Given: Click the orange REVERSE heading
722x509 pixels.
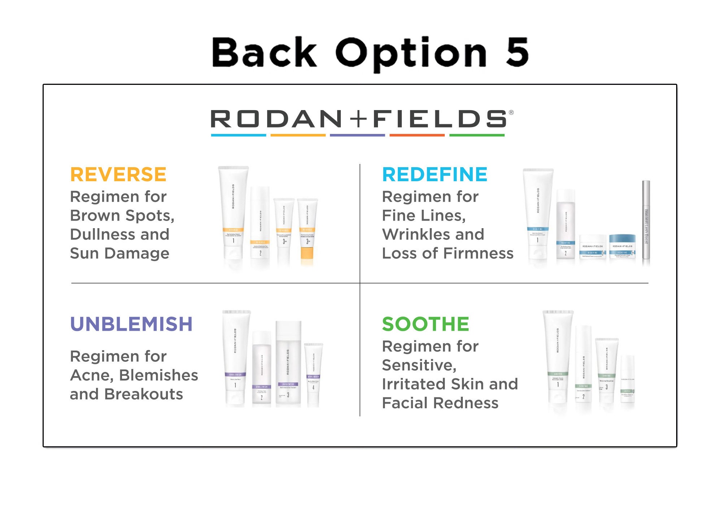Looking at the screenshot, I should pos(118,175).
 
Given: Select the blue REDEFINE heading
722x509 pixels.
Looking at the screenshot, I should pos(435,175).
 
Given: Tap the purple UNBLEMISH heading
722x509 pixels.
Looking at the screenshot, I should pos(131,324).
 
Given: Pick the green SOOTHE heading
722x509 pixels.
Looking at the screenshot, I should pos(425,324).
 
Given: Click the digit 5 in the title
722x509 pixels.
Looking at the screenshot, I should pos(517,52).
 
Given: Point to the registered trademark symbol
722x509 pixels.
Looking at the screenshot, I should pos(511,113).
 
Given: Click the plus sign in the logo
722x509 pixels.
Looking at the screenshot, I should pos(358,119).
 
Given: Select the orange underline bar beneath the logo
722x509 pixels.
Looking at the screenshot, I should pos(298,135).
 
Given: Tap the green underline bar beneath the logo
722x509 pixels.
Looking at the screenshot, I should pos(477,135).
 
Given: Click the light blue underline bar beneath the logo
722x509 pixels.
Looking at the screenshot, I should pos(239,135).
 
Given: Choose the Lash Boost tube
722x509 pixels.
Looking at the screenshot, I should pos(646,220).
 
